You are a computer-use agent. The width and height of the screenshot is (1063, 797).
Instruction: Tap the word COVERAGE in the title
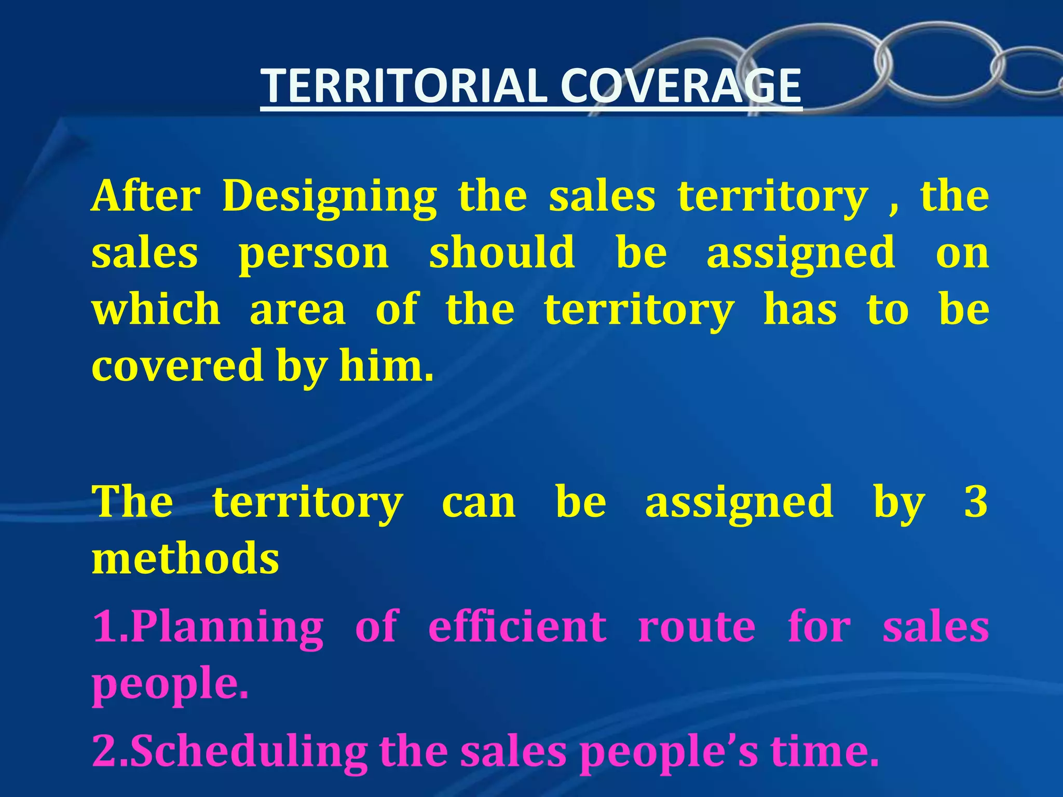(x=680, y=86)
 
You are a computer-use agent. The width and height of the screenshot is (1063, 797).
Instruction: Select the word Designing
(x=330, y=198)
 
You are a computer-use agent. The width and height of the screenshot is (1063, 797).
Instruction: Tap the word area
(x=298, y=310)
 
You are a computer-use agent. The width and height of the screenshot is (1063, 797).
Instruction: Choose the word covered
(x=177, y=365)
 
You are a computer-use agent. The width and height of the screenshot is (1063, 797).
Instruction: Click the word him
(x=386, y=365)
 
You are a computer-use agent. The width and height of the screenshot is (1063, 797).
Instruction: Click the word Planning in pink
(x=227, y=627)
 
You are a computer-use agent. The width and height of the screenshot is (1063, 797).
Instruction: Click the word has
(x=800, y=310)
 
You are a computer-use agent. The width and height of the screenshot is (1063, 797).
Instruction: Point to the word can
(x=479, y=503)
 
